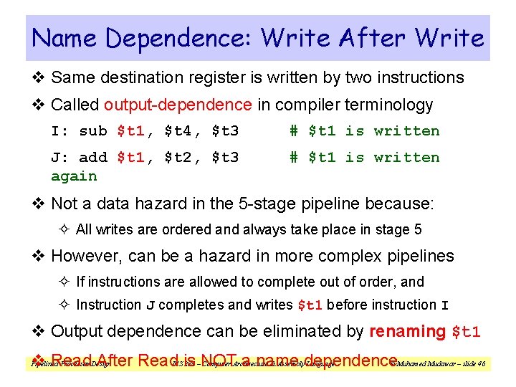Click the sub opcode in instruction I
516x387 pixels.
pyautogui.click(x=93, y=131)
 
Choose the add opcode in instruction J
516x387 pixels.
pyautogui.click(x=93, y=158)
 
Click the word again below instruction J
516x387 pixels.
pyautogui.click(x=74, y=176)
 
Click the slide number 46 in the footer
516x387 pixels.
pyautogui.click(x=481, y=365)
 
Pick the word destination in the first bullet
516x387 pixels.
pyautogui.click(x=145, y=77)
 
